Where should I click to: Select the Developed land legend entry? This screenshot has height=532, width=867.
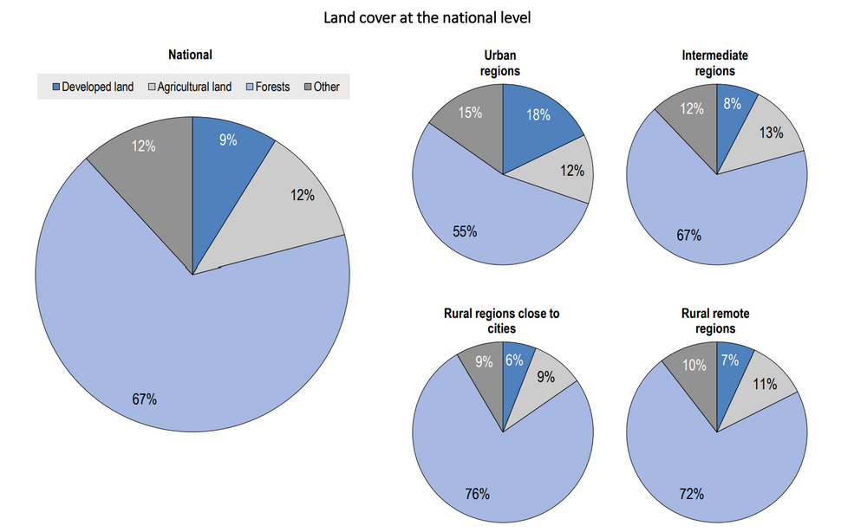coord(93,87)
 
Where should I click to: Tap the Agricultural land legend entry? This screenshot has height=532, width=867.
coord(191,87)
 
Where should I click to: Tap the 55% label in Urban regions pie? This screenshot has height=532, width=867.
coord(464,231)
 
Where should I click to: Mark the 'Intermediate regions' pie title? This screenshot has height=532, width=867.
coord(714,63)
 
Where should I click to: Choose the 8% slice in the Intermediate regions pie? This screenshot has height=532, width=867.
coord(733,113)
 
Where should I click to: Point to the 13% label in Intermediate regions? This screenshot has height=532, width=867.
coord(770,133)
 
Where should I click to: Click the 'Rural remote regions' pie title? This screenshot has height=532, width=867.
coord(714,321)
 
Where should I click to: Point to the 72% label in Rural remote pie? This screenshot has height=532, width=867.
coord(690,494)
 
